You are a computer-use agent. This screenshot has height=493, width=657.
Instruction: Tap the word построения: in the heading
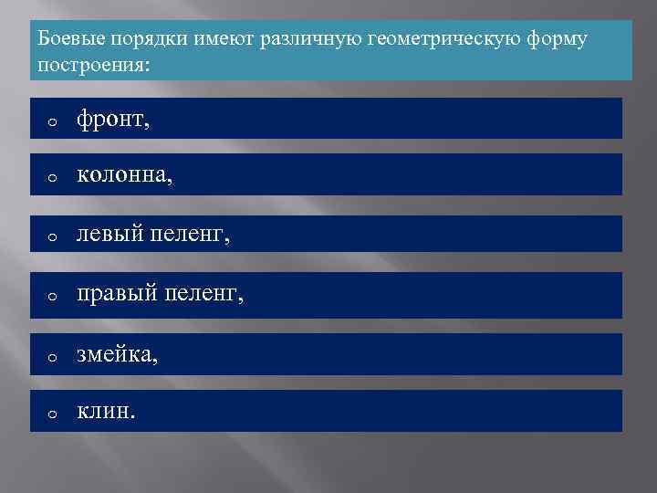(x=94, y=66)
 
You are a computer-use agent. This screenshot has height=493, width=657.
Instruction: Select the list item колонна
(x=123, y=175)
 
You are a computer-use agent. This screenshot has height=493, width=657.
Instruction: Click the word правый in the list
(x=114, y=294)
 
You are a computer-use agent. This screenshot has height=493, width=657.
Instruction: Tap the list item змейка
(x=117, y=352)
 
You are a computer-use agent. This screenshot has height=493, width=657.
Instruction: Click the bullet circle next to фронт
(x=53, y=121)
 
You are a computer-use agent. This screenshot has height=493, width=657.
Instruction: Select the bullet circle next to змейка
(x=53, y=356)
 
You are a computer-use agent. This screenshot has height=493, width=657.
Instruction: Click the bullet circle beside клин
(x=53, y=414)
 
